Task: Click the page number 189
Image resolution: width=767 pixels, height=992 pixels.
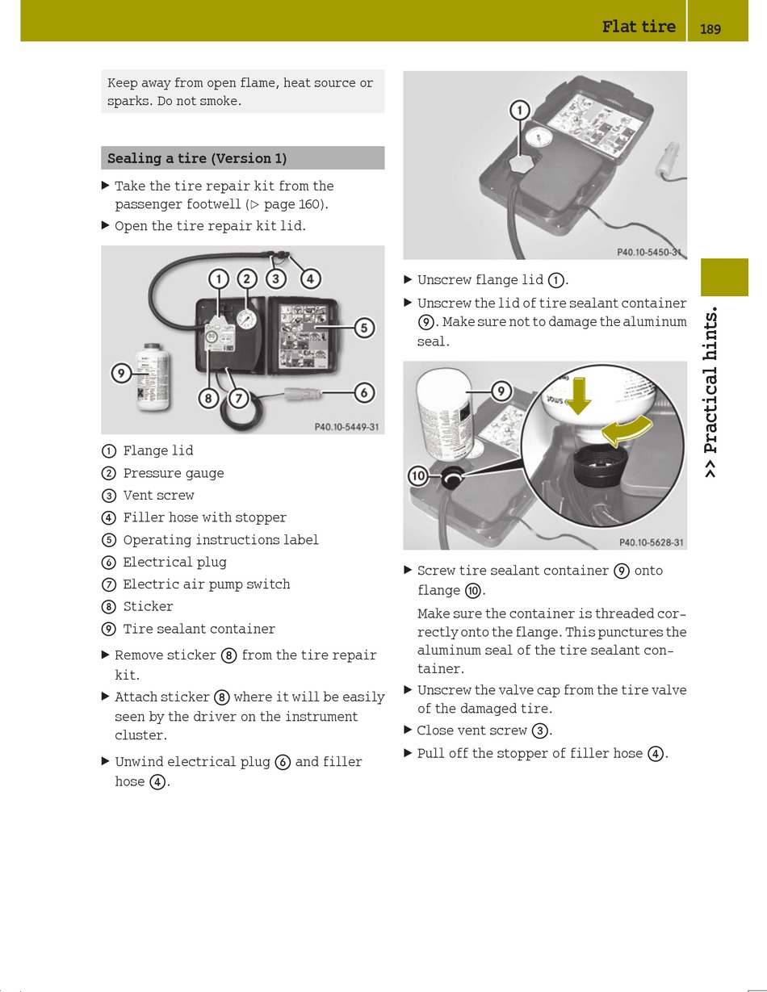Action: click(x=710, y=29)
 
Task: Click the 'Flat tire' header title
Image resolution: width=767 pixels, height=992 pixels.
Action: click(x=638, y=27)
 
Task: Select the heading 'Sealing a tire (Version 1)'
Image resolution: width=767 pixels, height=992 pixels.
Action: click(x=197, y=158)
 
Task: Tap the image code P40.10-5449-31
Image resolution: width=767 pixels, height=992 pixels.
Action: click(x=346, y=427)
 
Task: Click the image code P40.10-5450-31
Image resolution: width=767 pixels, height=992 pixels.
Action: click(x=650, y=253)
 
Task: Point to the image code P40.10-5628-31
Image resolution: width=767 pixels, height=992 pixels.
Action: click(x=651, y=542)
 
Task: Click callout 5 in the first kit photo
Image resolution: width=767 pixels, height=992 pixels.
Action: click(x=364, y=328)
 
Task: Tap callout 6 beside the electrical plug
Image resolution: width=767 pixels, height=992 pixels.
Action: click(x=364, y=392)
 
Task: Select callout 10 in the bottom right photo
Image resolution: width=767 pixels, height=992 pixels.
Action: click(x=417, y=476)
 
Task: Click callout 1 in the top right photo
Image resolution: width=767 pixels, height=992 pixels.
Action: click(x=519, y=110)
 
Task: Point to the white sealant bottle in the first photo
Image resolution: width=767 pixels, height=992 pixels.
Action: click(x=152, y=376)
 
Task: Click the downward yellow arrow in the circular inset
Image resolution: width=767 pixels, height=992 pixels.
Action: click(x=578, y=396)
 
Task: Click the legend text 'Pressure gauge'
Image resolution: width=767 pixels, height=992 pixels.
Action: click(x=174, y=473)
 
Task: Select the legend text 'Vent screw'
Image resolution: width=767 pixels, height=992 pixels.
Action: click(x=158, y=495)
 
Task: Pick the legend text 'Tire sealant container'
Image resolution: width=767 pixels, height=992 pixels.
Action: click(x=199, y=629)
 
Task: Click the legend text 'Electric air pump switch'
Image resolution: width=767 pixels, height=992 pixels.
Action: click(x=206, y=584)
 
